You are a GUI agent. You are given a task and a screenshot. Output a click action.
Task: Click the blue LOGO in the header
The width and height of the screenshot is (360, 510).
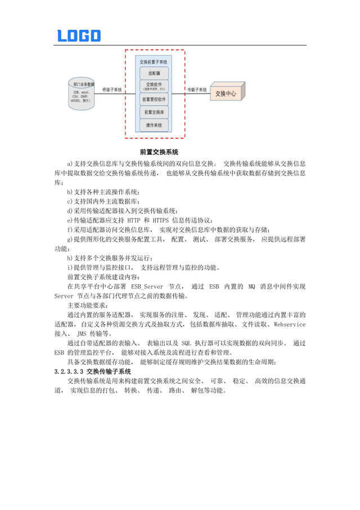click(79, 35)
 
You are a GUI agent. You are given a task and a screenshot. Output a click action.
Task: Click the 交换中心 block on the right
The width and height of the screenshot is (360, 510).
click(226, 93)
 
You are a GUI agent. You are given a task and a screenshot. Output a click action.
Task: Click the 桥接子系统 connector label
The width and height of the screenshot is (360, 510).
click(112, 89)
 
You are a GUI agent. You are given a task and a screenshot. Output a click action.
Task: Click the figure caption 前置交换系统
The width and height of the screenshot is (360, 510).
click(159, 152)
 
